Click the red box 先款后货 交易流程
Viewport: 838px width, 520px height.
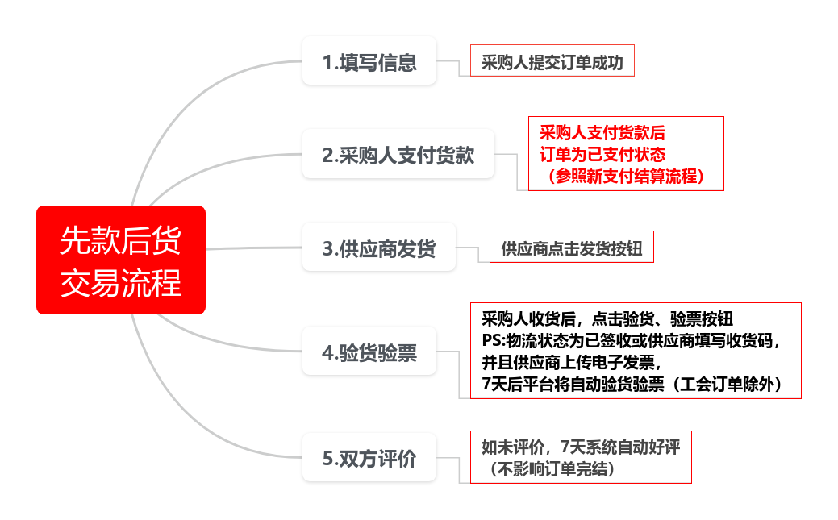(121, 260)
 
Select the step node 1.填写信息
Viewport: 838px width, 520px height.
(369, 61)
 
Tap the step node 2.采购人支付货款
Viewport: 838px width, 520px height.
(398, 154)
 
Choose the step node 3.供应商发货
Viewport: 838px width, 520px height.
(378, 248)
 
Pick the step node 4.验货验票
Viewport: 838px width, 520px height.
(369, 352)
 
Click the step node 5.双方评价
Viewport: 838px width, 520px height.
(369, 458)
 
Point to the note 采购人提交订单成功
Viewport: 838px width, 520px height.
(552, 61)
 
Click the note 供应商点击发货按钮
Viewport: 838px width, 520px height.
(571, 248)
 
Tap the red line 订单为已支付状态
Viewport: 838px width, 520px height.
(602, 153)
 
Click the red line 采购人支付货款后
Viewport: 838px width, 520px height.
(602, 131)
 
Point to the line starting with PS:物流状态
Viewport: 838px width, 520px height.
(632, 339)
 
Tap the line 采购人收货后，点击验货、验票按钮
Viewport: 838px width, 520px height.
(607, 317)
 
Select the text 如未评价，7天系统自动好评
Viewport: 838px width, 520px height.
(581, 447)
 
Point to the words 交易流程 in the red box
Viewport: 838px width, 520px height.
(121, 283)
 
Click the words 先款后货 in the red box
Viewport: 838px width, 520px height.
(121, 239)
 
